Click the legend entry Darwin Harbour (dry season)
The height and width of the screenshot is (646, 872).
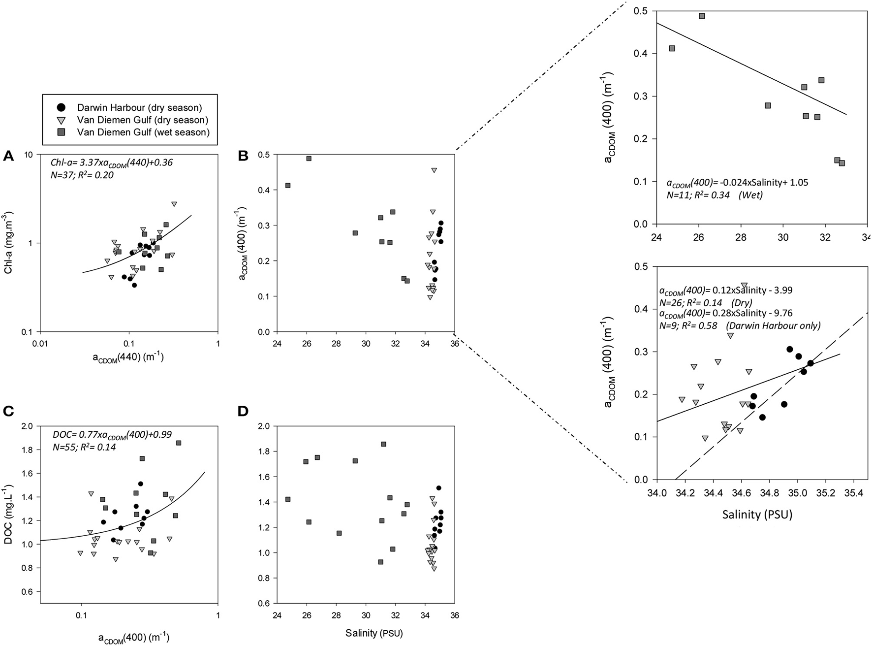pyautogui.click(x=139, y=107)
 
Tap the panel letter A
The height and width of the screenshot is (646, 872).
pyautogui.click(x=8, y=157)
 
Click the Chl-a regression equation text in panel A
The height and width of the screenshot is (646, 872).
pyautogui.click(x=112, y=162)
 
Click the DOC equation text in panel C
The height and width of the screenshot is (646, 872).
pyautogui.click(x=112, y=434)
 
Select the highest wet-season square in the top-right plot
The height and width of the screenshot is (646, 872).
pyautogui.click(x=702, y=16)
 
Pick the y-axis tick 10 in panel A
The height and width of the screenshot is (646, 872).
pyautogui.click(x=29, y=155)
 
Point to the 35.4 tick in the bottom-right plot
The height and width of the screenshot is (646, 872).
pyautogui.click(x=853, y=492)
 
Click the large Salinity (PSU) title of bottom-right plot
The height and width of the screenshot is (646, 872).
pyautogui.click(x=757, y=515)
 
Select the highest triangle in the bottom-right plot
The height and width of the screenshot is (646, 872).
pyautogui.click(x=744, y=286)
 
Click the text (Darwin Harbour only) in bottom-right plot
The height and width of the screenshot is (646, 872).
pyautogui.click(x=793, y=326)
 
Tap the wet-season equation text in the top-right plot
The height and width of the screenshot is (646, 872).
pyautogui.click(x=737, y=183)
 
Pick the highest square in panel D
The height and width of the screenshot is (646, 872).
pyautogui.click(x=383, y=444)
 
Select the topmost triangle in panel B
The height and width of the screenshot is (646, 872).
pyautogui.click(x=434, y=170)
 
